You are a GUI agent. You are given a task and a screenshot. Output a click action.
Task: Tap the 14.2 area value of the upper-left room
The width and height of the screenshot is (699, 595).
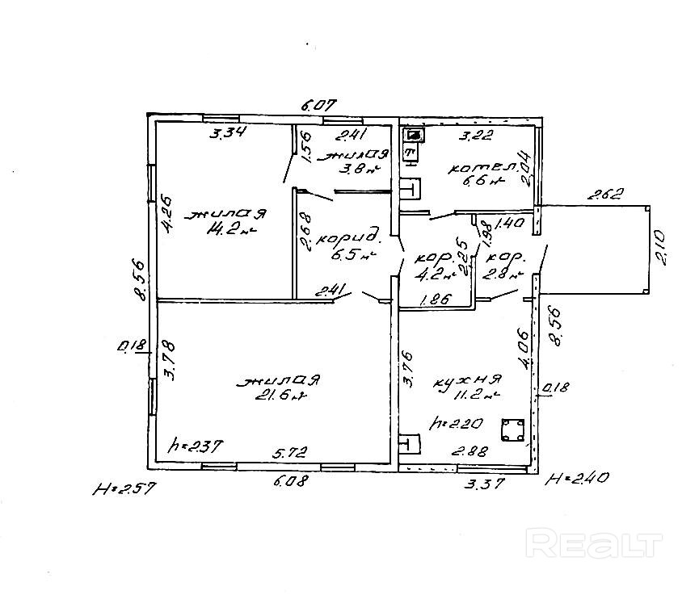point(229,230)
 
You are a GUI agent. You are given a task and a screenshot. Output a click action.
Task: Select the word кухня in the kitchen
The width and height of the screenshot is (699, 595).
point(469,379)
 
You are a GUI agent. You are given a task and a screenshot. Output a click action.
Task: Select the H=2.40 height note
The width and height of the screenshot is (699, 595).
point(576,479)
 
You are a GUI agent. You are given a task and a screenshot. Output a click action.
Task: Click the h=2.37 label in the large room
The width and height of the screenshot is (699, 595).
point(195,445)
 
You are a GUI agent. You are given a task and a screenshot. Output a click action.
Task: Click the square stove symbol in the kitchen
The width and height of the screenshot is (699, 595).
point(511,430)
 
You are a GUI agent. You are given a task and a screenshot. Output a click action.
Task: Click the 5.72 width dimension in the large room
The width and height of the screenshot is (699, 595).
point(294,454)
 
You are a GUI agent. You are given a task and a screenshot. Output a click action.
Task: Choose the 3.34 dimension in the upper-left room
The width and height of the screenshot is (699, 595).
point(228,133)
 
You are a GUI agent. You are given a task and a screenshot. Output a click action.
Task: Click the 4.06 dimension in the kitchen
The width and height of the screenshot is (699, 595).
point(523,347)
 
